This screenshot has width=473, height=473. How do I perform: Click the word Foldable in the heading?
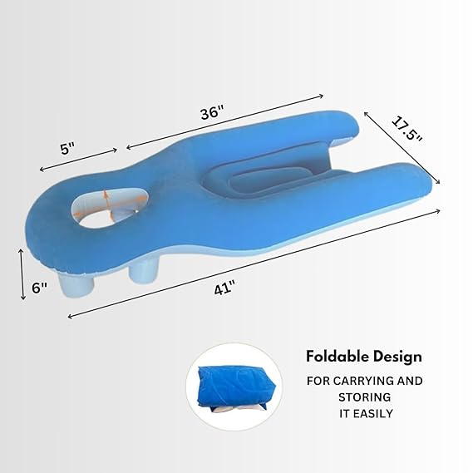tap(336, 356)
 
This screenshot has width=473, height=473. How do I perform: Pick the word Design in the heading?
tap(397, 356)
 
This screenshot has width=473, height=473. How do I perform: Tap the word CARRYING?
tap(352, 381)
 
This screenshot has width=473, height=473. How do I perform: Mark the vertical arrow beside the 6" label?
tap(22, 272)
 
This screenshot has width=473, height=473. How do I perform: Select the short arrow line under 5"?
tap(79, 160)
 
